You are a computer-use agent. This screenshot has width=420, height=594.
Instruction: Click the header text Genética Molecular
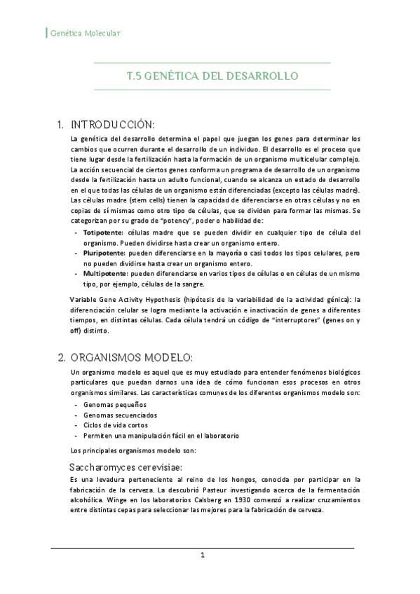[x=86, y=33]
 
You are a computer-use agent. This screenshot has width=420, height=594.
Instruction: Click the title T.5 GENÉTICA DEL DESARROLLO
[x=212, y=76]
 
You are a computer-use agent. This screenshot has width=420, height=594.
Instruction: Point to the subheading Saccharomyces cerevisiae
[x=126, y=467]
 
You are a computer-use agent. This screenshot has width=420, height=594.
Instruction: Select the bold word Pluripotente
[x=103, y=252]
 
